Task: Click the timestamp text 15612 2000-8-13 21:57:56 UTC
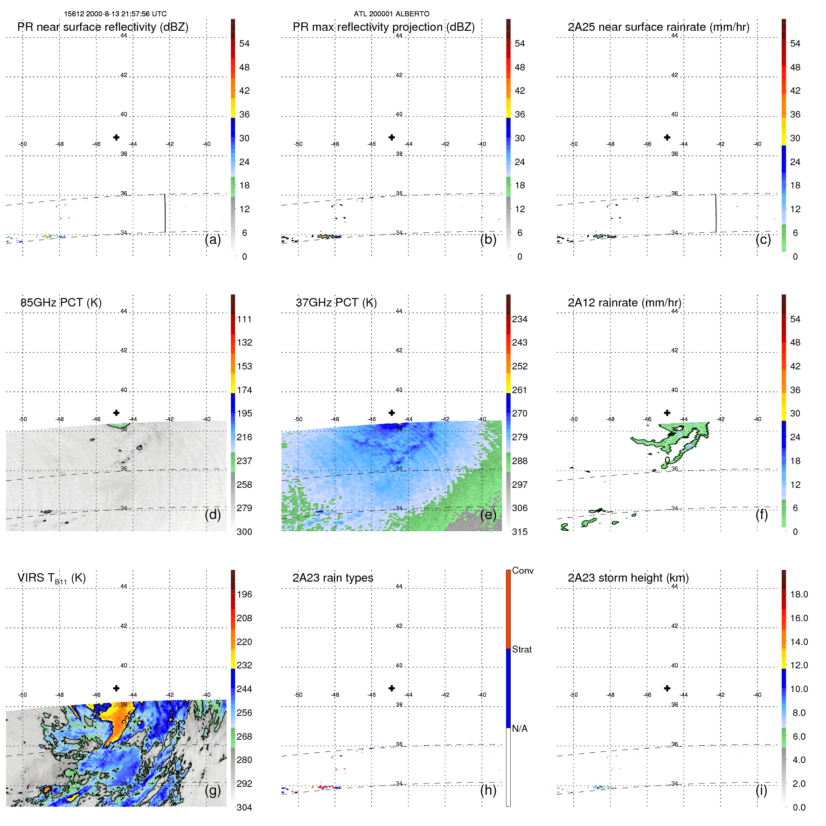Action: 115,14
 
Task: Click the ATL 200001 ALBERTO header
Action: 391,14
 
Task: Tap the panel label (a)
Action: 213,240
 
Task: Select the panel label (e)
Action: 488,514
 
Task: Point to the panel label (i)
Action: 762,790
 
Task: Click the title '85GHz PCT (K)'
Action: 61,303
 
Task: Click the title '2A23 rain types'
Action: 333,578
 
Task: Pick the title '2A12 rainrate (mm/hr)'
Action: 625,303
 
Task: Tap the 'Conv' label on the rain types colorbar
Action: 523,570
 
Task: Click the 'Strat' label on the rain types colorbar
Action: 522,649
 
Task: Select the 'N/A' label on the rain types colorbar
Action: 520,729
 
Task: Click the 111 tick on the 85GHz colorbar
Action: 244,319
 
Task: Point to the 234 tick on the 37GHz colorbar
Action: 520,319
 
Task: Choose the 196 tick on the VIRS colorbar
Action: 244,594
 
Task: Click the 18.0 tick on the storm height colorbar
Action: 799,594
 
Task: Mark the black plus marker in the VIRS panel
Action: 116,688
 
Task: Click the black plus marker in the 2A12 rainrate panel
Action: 667,413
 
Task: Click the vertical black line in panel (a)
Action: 165,213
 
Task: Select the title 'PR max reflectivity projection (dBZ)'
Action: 383,27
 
